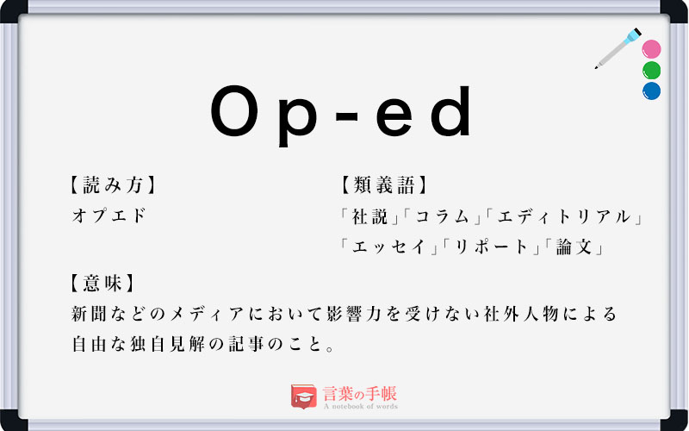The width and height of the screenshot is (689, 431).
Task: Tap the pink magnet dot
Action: (x=652, y=49)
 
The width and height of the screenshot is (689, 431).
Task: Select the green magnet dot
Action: (x=652, y=70)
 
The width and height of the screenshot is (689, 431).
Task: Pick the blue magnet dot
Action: (x=652, y=91)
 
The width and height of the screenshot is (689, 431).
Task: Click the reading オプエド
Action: (x=109, y=215)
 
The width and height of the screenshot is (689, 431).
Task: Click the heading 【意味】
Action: (x=102, y=282)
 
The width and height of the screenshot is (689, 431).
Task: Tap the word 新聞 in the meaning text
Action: (x=96, y=314)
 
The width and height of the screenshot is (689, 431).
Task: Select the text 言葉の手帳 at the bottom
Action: (x=360, y=393)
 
